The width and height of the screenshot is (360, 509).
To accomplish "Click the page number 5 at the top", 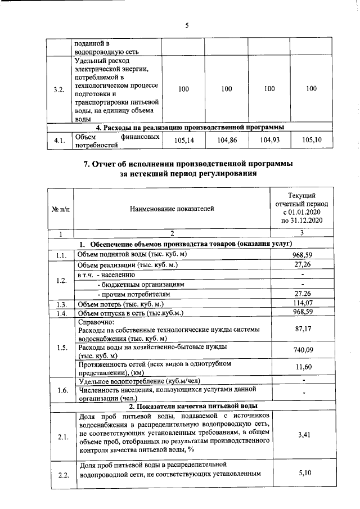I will tap(186, 24).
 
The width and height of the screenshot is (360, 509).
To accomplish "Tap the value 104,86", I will tap(227, 140).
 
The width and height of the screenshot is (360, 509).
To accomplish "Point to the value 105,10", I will tap(312, 140).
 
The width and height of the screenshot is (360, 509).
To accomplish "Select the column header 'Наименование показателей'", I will tap(172, 209).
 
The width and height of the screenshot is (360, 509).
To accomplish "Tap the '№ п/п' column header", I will tap(60, 209).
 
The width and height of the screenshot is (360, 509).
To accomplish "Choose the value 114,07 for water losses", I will tap(303, 304).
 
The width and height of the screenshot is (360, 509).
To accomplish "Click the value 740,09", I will tap(303, 350).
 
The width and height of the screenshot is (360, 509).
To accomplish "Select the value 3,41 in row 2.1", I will tap(303, 435).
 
